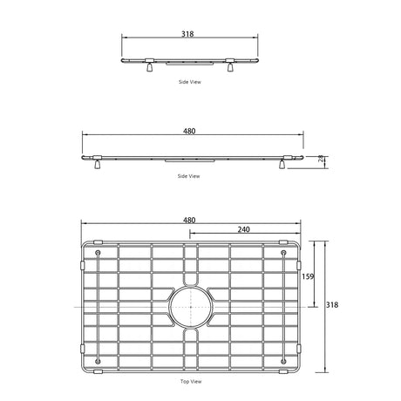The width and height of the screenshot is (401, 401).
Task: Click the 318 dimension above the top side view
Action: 187,34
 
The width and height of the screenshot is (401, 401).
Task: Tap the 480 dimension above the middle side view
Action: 189,131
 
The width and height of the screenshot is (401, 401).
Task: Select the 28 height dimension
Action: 321,159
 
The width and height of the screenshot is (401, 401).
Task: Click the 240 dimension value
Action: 243,229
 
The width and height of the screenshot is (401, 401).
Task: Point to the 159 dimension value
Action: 308,276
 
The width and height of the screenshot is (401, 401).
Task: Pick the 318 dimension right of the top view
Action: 332,305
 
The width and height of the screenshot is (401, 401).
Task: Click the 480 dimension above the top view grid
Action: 189,221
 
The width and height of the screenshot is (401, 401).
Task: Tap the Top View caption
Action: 191,381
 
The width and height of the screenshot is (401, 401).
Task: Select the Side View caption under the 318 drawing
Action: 190,82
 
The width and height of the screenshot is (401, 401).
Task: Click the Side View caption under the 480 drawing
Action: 189,176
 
